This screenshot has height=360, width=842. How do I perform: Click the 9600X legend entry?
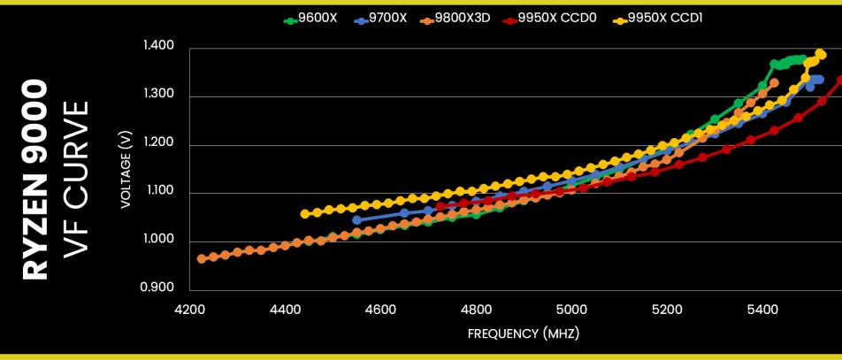310,19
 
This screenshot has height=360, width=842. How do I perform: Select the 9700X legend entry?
380,19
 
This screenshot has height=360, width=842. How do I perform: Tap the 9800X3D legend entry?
455,19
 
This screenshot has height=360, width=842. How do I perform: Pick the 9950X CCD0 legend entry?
550,19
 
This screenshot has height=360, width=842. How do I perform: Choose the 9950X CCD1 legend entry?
658,19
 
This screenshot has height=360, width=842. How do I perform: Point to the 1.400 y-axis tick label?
158,46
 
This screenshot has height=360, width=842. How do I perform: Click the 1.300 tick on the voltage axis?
158,95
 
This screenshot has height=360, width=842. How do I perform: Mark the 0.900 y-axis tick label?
157,287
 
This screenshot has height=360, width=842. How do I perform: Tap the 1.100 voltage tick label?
158,191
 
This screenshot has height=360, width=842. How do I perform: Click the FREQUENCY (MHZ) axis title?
524,333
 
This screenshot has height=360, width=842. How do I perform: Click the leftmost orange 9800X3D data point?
202,258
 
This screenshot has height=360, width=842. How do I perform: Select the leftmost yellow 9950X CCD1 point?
305,214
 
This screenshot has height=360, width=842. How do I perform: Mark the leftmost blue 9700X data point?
356,219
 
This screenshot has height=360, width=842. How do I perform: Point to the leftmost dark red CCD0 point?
440,206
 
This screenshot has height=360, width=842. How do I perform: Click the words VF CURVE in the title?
75,180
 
